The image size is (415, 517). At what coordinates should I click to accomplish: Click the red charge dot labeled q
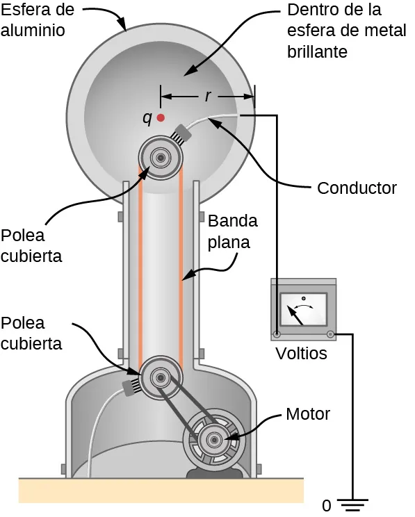pyautogui.click(x=161, y=118)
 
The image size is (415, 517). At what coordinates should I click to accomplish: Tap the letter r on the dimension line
pyautogui.click(x=208, y=96)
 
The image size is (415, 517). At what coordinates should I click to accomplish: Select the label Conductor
pyautogui.click(x=357, y=188)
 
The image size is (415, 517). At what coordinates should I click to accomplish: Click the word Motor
pyautogui.click(x=307, y=415)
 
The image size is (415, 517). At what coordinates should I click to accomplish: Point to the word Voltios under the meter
pyautogui.click(x=301, y=354)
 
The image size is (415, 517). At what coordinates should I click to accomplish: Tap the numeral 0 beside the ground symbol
pyautogui.click(x=326, y=504)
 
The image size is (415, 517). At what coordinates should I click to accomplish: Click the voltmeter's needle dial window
pyautogui.click(x=303, y=309)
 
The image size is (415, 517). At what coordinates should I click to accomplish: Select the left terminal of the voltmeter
pyautogui.click(x=277, y=335)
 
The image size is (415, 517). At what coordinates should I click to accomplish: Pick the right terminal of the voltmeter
pyautogui.click(x=330, y=335)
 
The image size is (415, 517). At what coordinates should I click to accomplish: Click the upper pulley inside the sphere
pyautogui.click(x=161, y=158)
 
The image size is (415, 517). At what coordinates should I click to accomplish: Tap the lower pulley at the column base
pyautogui.click(x=161, y=377)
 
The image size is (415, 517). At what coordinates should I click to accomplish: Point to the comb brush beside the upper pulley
pyautogui.click(x=184, y=134)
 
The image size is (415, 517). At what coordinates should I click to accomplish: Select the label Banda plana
pyautogui.click(x=233, y=232)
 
